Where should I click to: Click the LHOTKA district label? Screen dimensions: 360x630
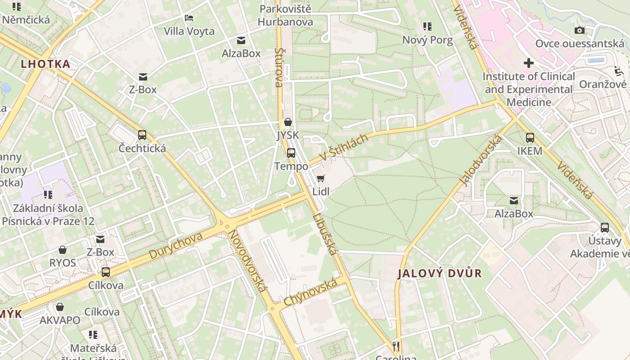click(46, 64)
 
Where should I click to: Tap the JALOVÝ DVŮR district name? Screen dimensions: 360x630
click(440, 273)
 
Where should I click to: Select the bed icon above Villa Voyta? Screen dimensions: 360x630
click(189, 18)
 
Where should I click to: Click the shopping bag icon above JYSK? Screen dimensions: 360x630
click(288, 122)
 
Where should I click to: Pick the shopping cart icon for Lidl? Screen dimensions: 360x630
click(320, 179)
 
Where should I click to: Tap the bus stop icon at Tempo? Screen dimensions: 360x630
click(291, 153)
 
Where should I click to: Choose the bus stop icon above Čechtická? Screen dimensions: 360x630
click(142, 135)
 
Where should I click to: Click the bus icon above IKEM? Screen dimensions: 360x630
click(530, 138)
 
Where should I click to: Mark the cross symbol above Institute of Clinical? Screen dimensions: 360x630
click(529, 63)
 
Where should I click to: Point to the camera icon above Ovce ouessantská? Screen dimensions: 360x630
click(580, 30)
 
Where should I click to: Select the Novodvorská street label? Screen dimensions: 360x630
click(247, 261)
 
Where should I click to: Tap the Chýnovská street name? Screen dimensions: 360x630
click(310, 292)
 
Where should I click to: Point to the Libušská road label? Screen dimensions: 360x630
click(324, 234)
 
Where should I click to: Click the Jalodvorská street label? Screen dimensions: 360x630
click(480, 161)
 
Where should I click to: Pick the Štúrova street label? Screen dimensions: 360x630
click(279, 67)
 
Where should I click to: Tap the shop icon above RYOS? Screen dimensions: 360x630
click(63, 250)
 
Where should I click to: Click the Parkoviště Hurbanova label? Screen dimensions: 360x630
click(285, 15)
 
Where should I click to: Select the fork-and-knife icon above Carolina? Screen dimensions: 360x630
click(396, 346)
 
